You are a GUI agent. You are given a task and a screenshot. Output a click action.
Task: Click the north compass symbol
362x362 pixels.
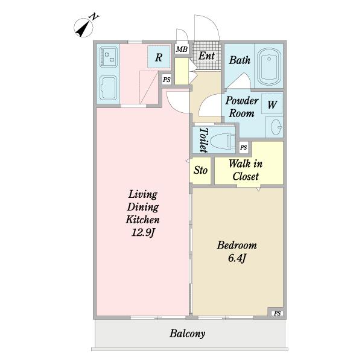(84, 28)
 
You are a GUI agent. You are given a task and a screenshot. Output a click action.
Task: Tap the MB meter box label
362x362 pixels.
(182, 49)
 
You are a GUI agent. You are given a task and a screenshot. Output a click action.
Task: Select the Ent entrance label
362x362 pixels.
(206, 56)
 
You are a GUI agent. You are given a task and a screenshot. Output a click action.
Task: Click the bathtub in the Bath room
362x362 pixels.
(268, 67)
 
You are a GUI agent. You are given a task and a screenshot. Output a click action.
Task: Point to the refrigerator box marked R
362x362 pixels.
(159, 57)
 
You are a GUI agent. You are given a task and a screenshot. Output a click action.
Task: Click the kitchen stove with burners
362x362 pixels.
(108, 57)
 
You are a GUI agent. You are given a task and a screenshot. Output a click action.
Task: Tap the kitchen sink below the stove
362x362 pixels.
(108, 88)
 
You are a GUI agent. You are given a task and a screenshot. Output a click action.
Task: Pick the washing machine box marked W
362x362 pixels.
(272, 104)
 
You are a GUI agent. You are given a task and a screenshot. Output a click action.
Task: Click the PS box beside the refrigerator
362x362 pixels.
(167, 80)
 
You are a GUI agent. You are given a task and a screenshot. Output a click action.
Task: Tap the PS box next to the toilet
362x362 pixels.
(244, 147)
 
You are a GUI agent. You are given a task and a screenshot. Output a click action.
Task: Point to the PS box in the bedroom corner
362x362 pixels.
(277, 313)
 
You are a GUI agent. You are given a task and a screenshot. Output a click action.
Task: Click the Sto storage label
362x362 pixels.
(200, 170)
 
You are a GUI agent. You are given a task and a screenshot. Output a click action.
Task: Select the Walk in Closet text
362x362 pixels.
(246, 170)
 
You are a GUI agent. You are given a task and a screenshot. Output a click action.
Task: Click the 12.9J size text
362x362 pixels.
(142, 232)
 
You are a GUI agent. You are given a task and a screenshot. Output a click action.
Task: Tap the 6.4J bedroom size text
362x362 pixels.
(237, 258)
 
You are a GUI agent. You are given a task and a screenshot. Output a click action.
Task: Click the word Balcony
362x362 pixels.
(188, 334)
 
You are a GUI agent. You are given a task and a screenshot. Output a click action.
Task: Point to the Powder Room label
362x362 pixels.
(242, 107)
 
